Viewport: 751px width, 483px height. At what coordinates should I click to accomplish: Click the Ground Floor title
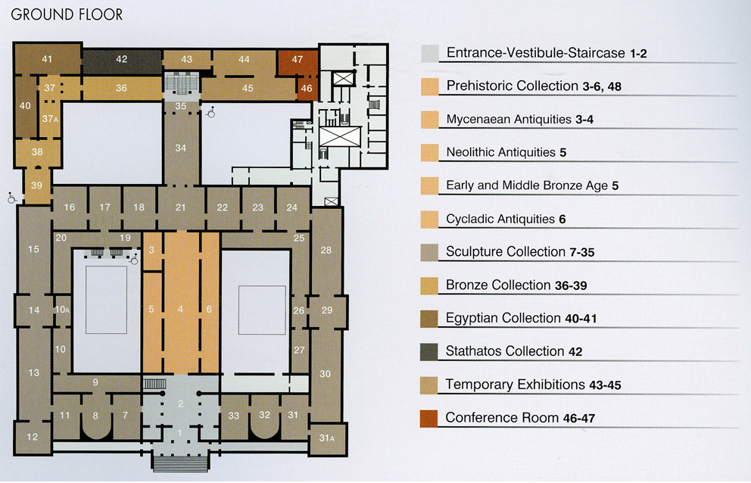click(x=67, y=14)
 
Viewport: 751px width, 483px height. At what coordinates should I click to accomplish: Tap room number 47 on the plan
click(x=298, y=59)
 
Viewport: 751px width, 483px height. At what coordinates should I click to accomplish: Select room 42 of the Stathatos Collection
click(x=122, y=59)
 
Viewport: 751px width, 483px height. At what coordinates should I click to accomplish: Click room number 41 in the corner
click(x=46, y=59)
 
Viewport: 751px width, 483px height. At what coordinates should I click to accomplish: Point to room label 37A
click(x=50, y=118)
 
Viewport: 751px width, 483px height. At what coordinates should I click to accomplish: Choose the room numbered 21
click(x=180, y=207)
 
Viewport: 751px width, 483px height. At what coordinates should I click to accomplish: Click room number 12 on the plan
click(x=32, y=437)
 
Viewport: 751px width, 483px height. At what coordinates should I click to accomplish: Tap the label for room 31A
click(x=326, y=438)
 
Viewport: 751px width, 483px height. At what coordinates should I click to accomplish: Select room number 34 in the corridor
click(x=181, y=148)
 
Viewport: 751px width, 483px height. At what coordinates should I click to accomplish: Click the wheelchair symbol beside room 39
click(x=11, y=198)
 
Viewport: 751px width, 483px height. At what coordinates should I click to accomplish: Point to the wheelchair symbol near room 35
click(x=210, y=111)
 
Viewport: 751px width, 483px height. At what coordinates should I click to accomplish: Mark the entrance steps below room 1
click(x=181, y=463)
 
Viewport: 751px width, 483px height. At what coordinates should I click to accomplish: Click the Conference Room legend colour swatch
click(x=429, y=419)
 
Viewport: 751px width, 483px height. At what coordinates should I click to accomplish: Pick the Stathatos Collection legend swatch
click(x=429, y=352)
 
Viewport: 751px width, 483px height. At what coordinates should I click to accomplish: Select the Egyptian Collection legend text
click(x=521, y=318)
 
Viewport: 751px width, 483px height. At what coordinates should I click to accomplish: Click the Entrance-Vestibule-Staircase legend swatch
click(x=429, y=54)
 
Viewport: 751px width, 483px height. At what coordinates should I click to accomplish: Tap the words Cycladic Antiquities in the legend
click(x=500, y=219)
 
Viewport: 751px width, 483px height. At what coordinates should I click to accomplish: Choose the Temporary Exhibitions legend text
click(x=516, y=385)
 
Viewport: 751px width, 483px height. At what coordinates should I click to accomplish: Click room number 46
click(x=307, y=89)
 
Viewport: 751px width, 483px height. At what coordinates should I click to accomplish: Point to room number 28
click(x=326, y=250)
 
